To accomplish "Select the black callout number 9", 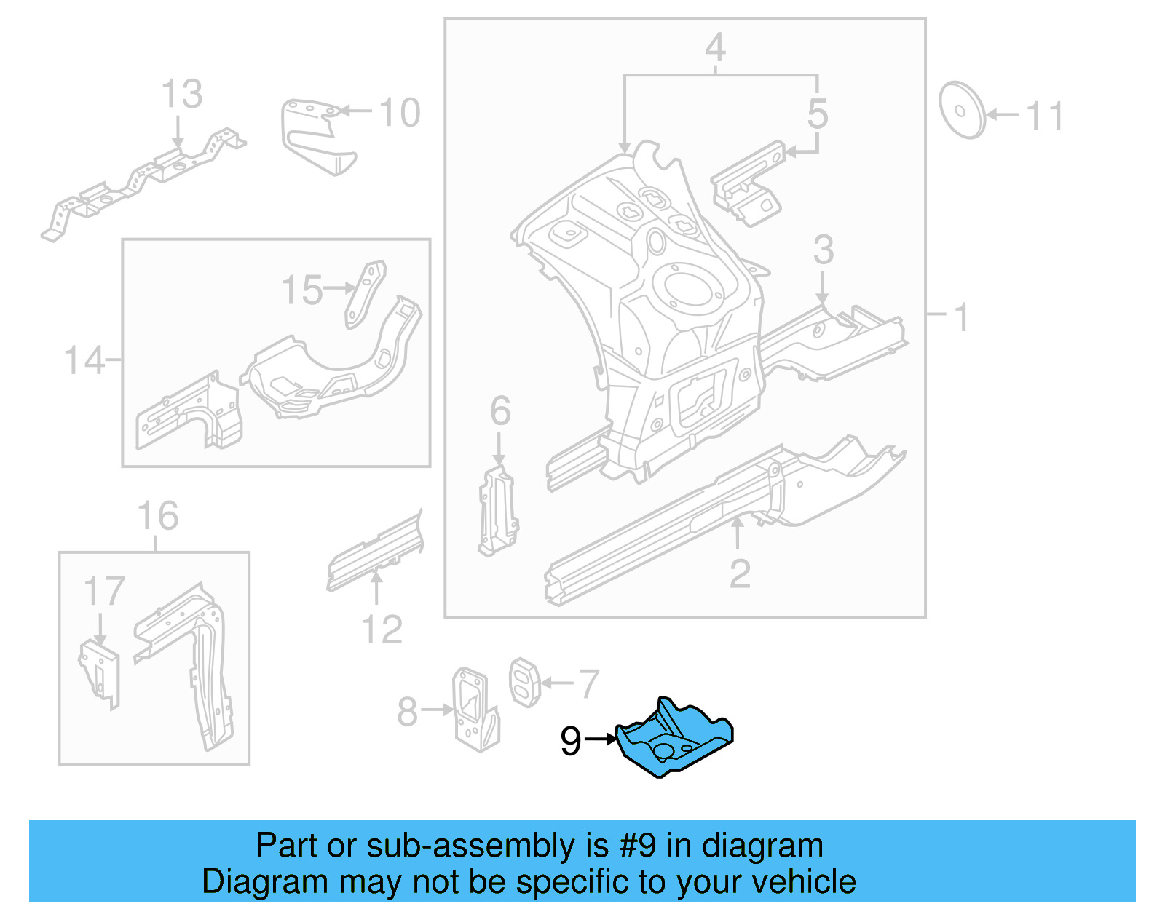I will tap(571, 741).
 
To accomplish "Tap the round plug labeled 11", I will tap(961, 110).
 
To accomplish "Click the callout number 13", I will tap(181, 95).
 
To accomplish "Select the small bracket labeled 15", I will tap(366, 294).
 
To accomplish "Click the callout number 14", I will tap(84, 360).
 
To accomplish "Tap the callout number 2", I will tap(740, 575).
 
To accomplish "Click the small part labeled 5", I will tap(749, 182).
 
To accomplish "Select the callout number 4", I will tap(715, 48).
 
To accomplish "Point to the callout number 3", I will tap(823, 250).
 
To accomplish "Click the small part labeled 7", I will tap(524, 682).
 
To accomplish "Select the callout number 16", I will tap(158, 516).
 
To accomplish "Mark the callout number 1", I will tap(961, 317).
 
